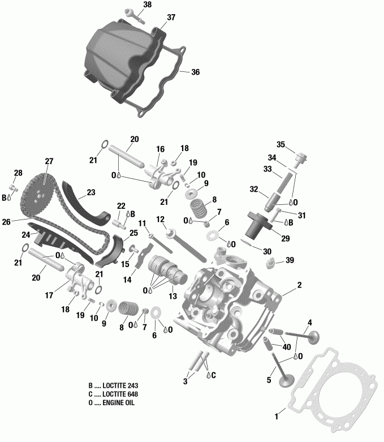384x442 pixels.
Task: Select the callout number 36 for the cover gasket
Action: (x=195, y=72)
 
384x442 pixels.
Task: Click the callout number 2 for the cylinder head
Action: (x=300, y=285)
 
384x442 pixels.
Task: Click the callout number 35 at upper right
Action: (x=281, y=144)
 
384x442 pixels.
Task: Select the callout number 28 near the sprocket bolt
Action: (x=18, y=173)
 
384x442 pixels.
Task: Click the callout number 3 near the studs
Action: (x=184, y=382)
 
